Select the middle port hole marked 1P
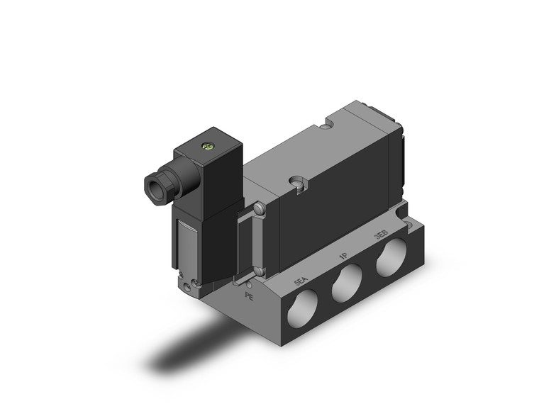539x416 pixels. pyautogui.click(x=347, y=284)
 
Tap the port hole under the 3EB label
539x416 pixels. pyautogui.click(x=391, y=259)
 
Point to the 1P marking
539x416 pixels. pyautogui.click(x=343, y=257)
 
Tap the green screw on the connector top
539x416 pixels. pyautogui.click(x=208, y=147)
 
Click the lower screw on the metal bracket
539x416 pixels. pyautogui.click(x=260, y=271)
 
